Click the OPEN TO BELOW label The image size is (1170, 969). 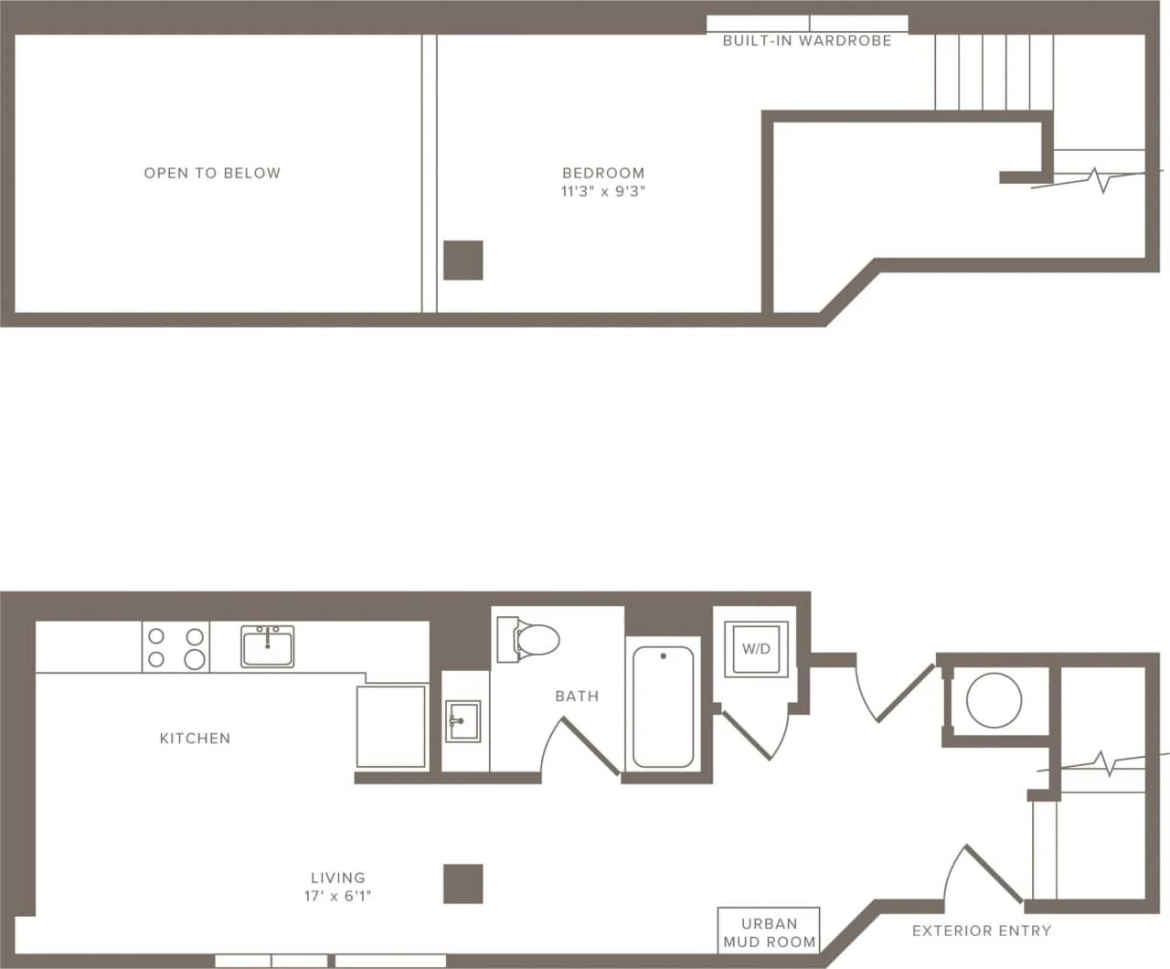coord(212,173)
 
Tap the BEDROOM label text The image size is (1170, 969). coord(603,173)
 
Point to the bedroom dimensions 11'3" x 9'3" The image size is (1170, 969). coord(603,192)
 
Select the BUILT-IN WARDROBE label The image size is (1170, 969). coord(807,41)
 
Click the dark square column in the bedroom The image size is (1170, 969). coord(463,260)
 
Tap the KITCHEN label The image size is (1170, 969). coord(195,738)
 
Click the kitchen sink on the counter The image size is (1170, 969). coord(268,646)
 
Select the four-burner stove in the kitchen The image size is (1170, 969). coord(175,647)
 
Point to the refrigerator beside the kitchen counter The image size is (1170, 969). coord(391,726)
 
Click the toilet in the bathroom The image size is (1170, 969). coord(527,639)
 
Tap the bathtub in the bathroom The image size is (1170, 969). coord(663,707)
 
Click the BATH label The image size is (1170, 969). coord(577,696)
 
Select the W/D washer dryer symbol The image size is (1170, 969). coord(756,649)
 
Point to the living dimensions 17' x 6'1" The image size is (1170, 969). coord(338,896)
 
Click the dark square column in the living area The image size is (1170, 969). coord(463,884)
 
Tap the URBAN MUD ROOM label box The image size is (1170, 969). coord(769,932)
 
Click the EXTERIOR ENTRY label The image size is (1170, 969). coord(982,931)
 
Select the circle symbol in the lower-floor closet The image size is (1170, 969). coord(994,701)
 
